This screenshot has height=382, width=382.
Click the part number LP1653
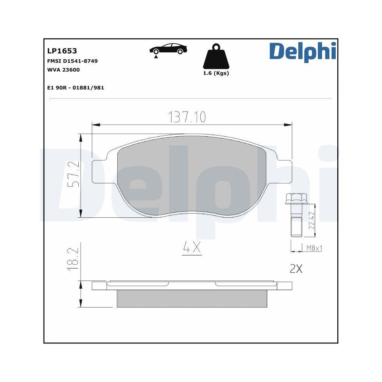(62, 51)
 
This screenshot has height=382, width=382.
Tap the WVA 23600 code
(63, 70)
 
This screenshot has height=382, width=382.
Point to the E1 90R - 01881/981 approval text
(75, 88)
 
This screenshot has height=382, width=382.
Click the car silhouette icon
(168, 50)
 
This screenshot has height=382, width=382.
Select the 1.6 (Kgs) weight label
(216, 73)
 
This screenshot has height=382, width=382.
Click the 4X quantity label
(192, 249)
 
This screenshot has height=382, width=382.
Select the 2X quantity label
(296, 269)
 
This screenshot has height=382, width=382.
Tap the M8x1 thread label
(314, 248)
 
